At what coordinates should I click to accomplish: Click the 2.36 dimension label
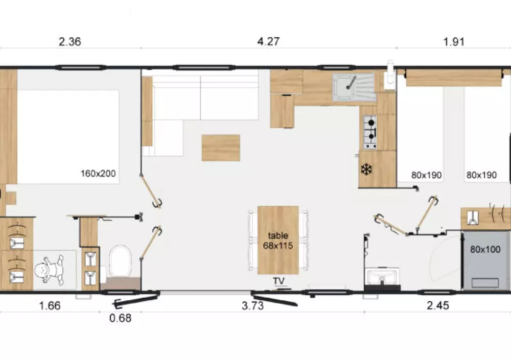tap(69, 42)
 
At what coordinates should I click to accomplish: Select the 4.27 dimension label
tap(268, 42)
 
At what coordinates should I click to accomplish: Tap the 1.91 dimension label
tap(454, 42)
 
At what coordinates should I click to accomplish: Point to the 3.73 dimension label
tap(252, 306)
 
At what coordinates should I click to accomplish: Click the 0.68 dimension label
tap(120, 318)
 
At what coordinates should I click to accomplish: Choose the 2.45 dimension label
tap(438, 305)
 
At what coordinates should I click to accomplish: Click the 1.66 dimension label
tap(50, 306)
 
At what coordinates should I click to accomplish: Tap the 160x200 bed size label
tap(98, 173)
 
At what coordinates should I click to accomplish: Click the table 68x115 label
tap(278, 241)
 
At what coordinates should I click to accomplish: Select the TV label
tap(278, 281)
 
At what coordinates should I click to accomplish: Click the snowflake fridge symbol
tap(366, 170)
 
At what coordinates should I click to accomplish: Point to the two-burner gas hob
tap(370, 132)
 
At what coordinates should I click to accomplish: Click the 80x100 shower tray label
tap(485, 250)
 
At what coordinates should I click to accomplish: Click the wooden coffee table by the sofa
tap(221, 148)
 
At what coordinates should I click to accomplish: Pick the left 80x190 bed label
tap(426, 175)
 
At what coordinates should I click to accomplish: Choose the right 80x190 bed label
tap(481, 175)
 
